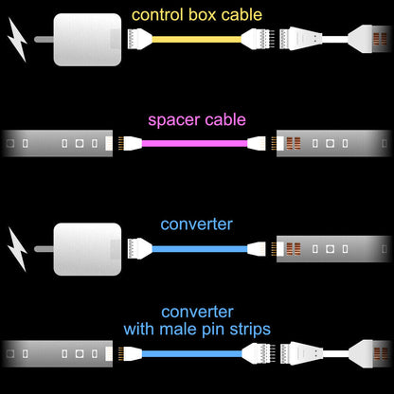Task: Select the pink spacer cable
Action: [195, 144]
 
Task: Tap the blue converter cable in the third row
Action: [195, 248]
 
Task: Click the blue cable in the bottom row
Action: [195, 352]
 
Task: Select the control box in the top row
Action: [86, 39]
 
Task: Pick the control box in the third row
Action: [86, 249]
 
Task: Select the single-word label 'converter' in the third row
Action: [196, 224]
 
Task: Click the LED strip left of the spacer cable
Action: [57, 144]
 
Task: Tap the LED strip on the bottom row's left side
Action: [57, 352]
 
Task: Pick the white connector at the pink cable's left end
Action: [132, 144]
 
